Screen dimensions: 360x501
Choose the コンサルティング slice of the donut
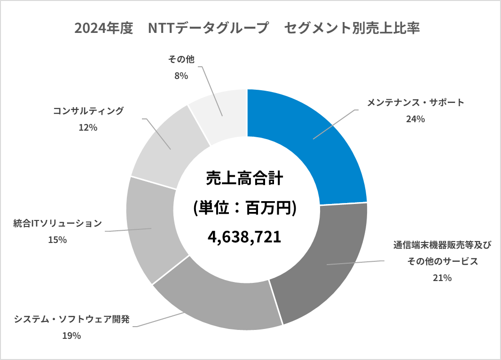point(164,146)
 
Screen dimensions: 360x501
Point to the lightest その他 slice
point(221,113)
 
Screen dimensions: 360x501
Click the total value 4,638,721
point(244,236)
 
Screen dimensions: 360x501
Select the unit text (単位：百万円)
point(244,208)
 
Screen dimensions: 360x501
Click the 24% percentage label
point(415,119)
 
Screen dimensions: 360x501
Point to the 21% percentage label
point(442,278)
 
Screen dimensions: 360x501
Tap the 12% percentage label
point(88,127)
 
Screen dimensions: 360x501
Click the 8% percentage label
point(181,75)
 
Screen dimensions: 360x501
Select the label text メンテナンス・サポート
point(415,102)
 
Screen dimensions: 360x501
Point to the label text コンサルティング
point(88,111)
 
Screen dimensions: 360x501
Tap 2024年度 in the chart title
point(104,28)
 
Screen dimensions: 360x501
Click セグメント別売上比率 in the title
point(352,28)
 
